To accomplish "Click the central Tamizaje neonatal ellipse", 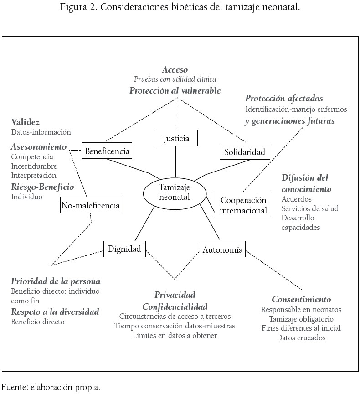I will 175,192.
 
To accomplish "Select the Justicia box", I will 176,137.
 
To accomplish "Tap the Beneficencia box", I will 107,151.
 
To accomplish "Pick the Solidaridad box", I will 245,151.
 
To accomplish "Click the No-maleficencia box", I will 91,206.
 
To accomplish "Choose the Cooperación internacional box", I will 243,205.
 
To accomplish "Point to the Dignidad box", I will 124,249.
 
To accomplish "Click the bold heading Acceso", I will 175,70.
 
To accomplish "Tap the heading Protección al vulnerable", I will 175,90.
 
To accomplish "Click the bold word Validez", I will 26,122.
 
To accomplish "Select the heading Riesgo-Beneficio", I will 42,187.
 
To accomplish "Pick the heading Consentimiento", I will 301,300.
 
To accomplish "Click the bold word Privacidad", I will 175,295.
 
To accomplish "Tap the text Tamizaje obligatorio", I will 301,319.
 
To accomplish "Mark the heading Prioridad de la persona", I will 56,281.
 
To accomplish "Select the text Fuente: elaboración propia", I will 51,388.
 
